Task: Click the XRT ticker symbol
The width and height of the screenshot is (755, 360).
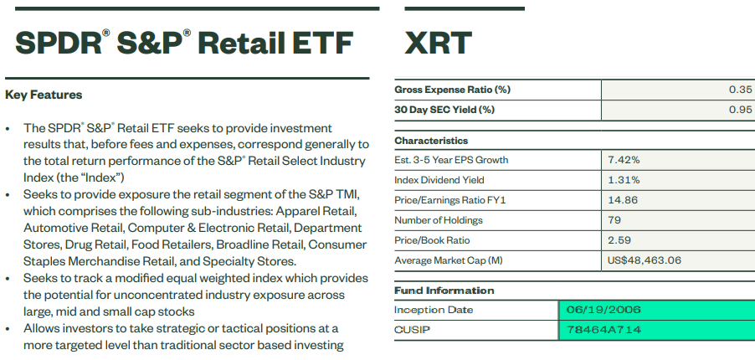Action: pyautogui.click(x=438, y=43)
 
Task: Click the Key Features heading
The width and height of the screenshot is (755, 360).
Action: pyautogui.click(x=44, y=95)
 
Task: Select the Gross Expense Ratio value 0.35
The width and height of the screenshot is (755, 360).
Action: pyautogui.click(x=741, y=90)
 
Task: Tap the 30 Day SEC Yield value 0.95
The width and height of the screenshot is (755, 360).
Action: pyautogui.click(x=741, y=110)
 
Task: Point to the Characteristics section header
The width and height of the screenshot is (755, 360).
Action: pyautogui.click(x=431, y=141)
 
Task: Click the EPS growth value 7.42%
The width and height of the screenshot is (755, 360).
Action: pyautogui.click(x=624, y=160)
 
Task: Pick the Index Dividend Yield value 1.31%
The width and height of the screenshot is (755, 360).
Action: pyautogui.click(x=624, y=180)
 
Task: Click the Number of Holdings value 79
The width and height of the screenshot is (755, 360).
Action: pyautogui.click(x=615, y=220)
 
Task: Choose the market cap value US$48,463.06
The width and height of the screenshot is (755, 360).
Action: pyautogui.click(x=645, y=260)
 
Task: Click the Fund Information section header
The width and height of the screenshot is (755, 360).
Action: pyautogui.click(x=444, y=291)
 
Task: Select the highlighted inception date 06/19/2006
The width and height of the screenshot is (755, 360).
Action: pyautogui.click(x=603, y=310)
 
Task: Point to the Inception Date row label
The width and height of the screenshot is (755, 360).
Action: pyautogui.click(x=434, y=310)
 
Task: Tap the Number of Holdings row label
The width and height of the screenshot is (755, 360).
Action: pyautogui.click(x=439, y=220)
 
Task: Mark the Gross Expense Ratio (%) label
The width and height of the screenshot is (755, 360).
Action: pyautogui.click(x=452, y=90)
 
